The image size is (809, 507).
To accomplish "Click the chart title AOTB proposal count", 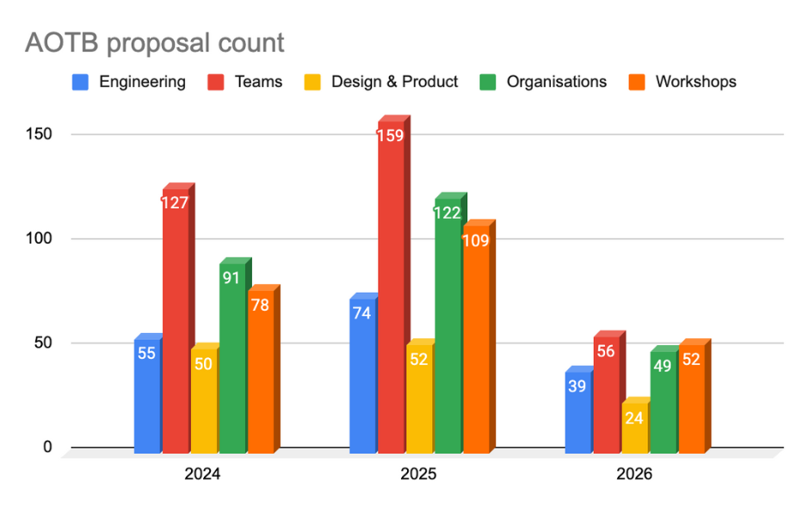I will [154, 42].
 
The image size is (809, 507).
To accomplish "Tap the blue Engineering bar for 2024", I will [147, 396].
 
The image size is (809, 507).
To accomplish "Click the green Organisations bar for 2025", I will [448, 327].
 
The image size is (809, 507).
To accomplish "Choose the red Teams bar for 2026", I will [606, 396].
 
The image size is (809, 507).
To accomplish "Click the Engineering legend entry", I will [129, 82].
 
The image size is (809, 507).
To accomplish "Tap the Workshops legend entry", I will [685, 82].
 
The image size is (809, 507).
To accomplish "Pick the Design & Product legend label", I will [394, 82].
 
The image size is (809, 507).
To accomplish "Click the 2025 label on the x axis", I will [418, 474].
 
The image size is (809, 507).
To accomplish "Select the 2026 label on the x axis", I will [633, 474].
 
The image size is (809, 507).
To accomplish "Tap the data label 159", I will [390, 135].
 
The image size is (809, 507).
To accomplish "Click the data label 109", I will [475, 240].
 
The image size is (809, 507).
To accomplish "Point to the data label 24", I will [634, 418].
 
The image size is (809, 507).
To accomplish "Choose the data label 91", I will [232, 278].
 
